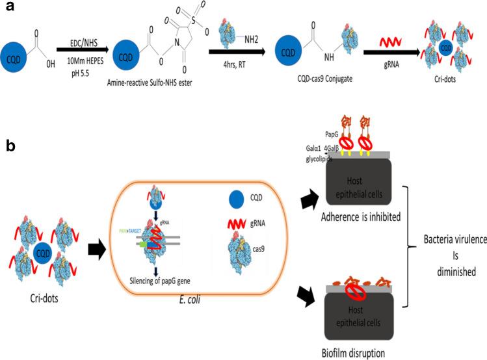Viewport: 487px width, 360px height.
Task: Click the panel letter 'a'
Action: point(10,10)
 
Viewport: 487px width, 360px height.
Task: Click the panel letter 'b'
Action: point(10,148)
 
